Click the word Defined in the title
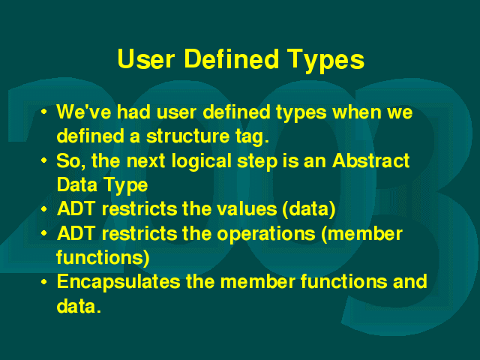click(x=232, y=58)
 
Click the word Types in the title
click(x=325, y=61)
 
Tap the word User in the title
click(x=146, y=58)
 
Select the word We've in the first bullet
click(x=84, y=112)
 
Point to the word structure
click(x=187, y=136)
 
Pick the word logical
click(x=201, y=162)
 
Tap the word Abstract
click(x=371, y=160)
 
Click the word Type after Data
click(x=126, y=186)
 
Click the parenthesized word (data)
click(x=309, y=210)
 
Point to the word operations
click(x=266, y=235)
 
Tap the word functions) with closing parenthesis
click(x=103, y=257)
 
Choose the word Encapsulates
click(x=118, y=283)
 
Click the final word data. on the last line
click(x=79, y=305)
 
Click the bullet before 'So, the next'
click(x=44, y=160)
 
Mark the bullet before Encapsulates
click(x=44, y=282)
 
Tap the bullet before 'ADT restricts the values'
click(x=44, y=208)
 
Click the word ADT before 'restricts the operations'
click(x=76, y=233)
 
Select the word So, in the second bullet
click(x=71, y=161)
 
